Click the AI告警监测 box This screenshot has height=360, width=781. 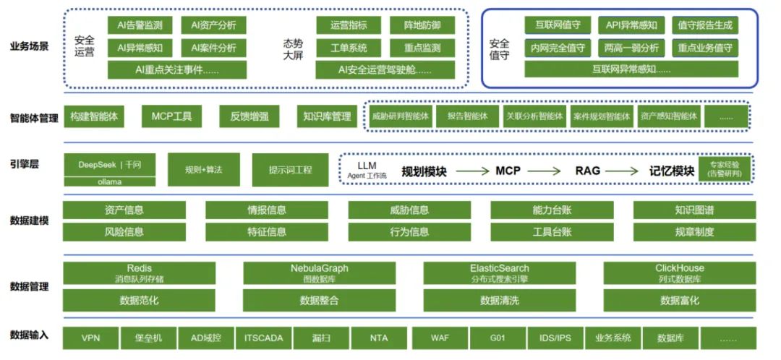[x=140, y=26]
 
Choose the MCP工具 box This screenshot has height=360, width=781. [x=171, y=116]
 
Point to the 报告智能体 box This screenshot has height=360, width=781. [x=467, y=116]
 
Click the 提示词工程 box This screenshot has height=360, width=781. [x=290, y=171]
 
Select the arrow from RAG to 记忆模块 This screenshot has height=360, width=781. [x=622, y=171]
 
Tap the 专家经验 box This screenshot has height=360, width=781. [x=724, y=168]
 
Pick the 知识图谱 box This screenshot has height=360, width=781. [x=694, y=210]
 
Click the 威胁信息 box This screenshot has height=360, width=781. [x=409, y=210]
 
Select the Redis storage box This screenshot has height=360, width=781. [x=139, y=273]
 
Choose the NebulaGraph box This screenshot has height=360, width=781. [x=319, y=273]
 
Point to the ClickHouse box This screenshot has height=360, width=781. [x=679, y=273]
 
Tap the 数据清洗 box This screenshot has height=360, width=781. [x=499, y=300]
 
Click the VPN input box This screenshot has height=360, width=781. [x=90, y=338]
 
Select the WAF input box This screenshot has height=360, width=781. [x=439, y=338]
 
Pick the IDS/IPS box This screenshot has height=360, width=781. [x=555, y=338]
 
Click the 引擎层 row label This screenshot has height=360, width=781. [x=25, y=165]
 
